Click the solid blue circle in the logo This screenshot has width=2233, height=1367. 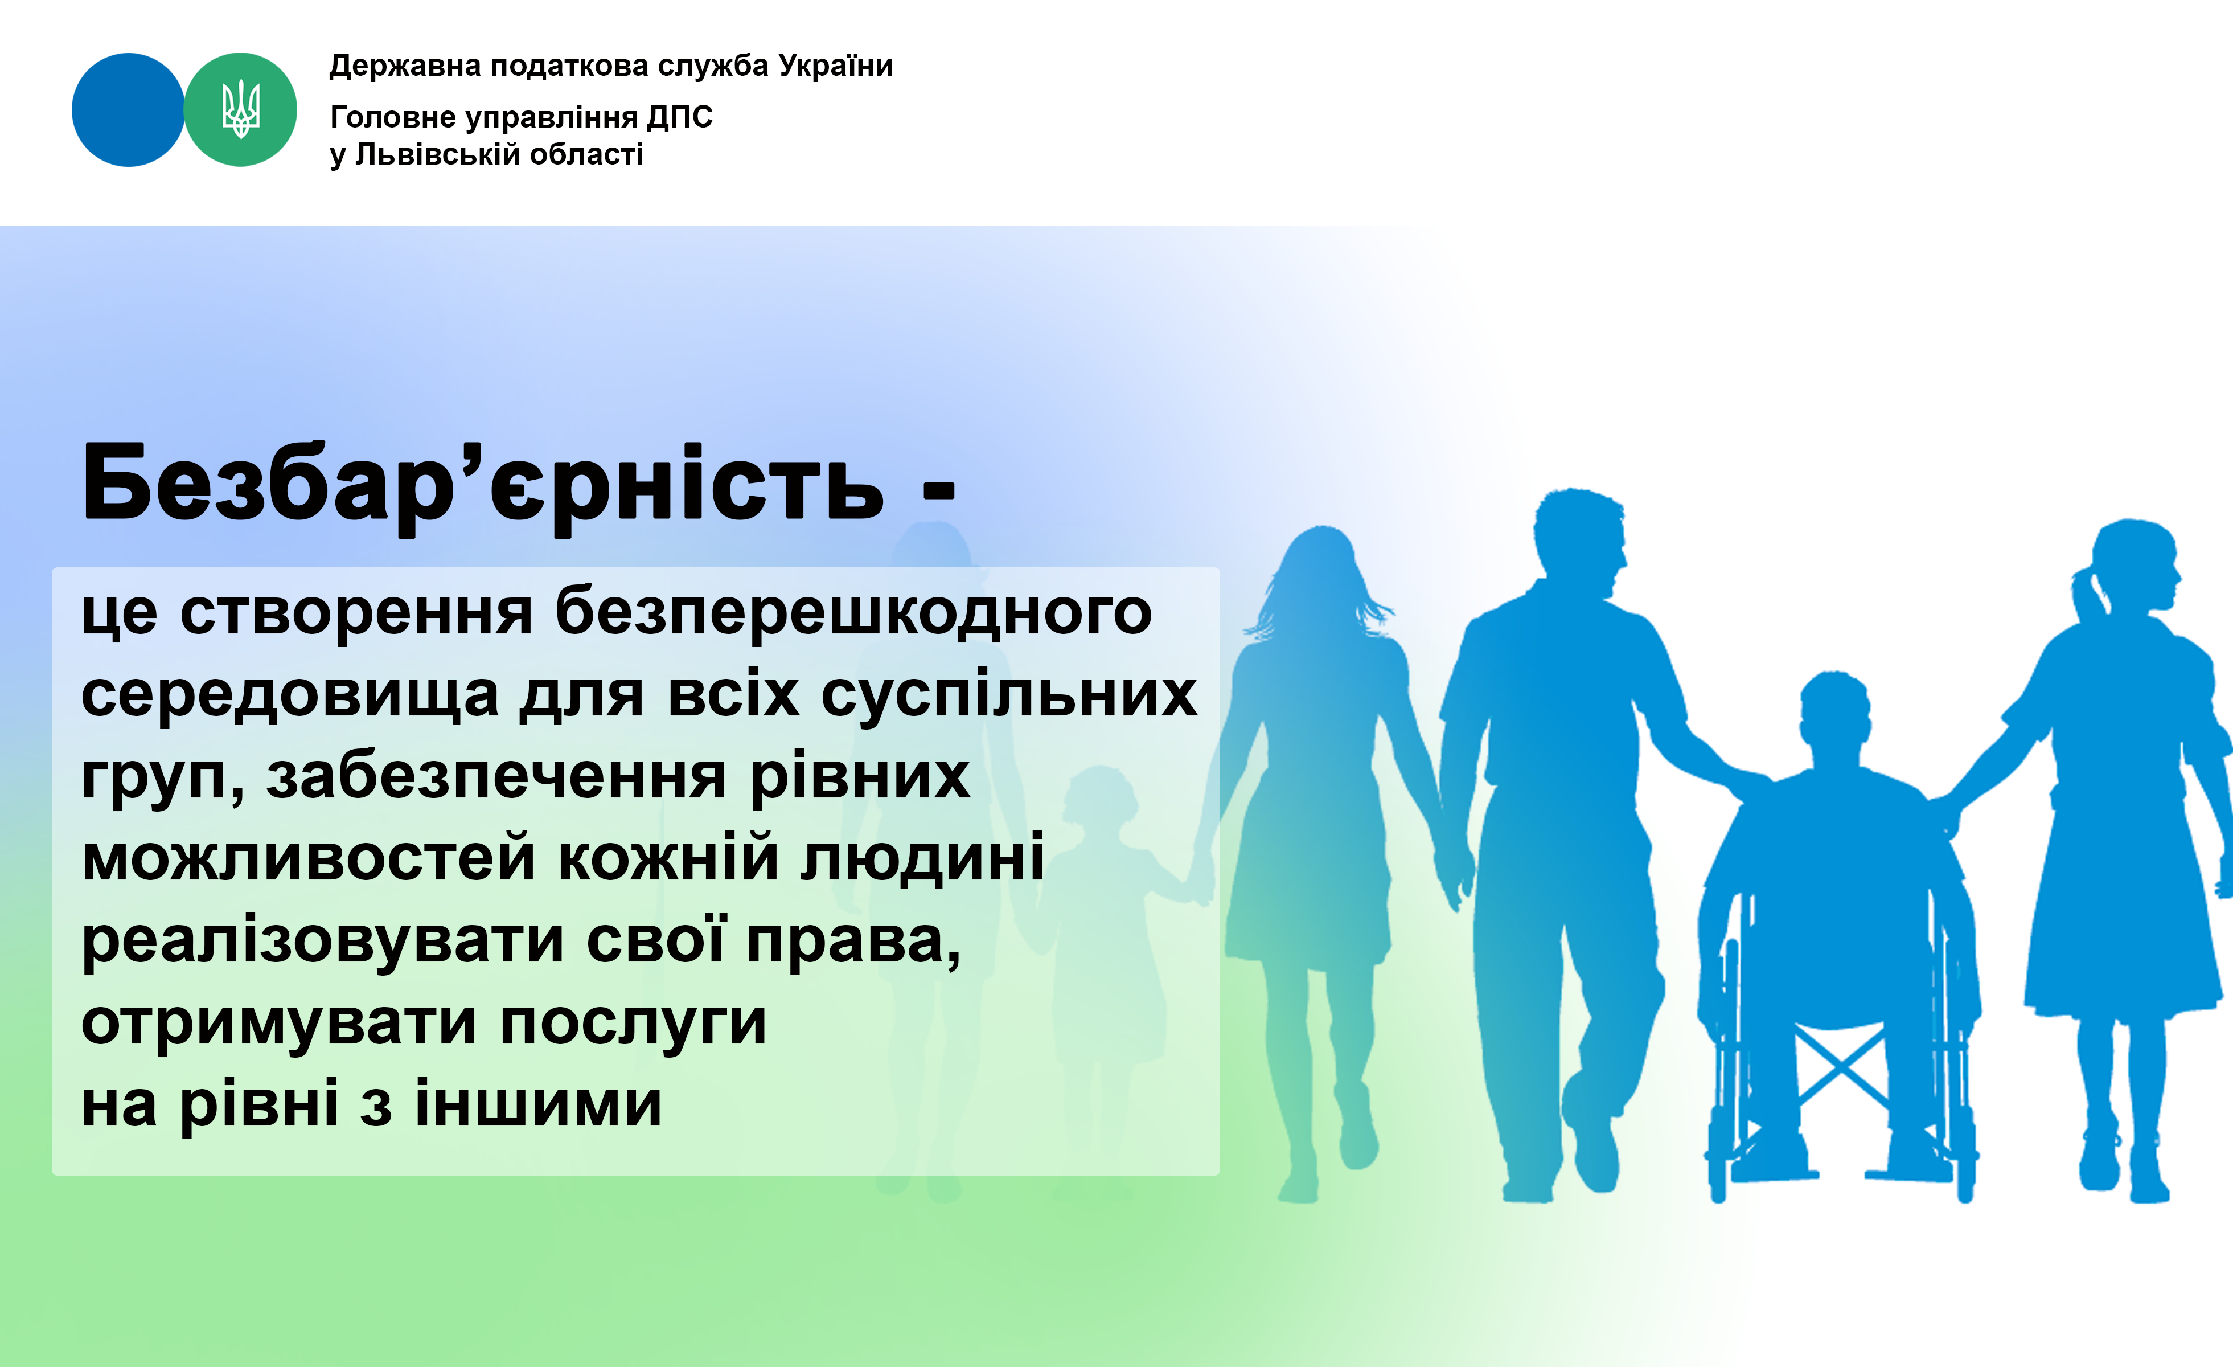(x=128, y=110)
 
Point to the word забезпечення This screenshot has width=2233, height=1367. (x=496, y=779)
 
